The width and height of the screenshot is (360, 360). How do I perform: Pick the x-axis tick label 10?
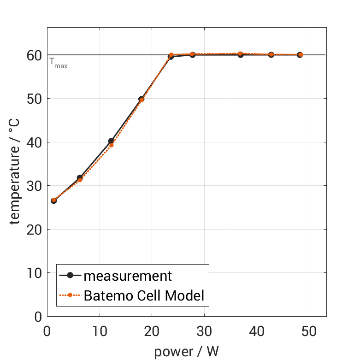coord(99,331)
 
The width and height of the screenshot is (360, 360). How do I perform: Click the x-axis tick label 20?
coord(152,331)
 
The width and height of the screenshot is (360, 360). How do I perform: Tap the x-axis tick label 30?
coord(204,331)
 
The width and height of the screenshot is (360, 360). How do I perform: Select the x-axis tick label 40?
coord(256,331)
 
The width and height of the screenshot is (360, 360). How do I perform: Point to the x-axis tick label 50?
coord(308,331)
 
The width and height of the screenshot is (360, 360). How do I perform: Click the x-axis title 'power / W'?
coord(186,352)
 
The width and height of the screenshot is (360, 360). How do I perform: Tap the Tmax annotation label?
coord(58,62)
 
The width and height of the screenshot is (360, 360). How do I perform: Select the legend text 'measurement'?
coord(127,276)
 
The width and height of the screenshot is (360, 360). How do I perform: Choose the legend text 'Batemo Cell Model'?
coord(144,295)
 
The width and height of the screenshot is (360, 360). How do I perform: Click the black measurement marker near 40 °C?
coord(111,141)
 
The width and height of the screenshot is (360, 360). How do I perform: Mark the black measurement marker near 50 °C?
coord(141,99)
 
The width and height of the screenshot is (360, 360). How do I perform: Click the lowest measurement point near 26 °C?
coord(53,201)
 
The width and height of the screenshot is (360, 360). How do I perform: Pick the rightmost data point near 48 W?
coord(300,54)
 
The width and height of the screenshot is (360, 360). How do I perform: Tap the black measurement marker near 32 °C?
coord(80,177)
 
